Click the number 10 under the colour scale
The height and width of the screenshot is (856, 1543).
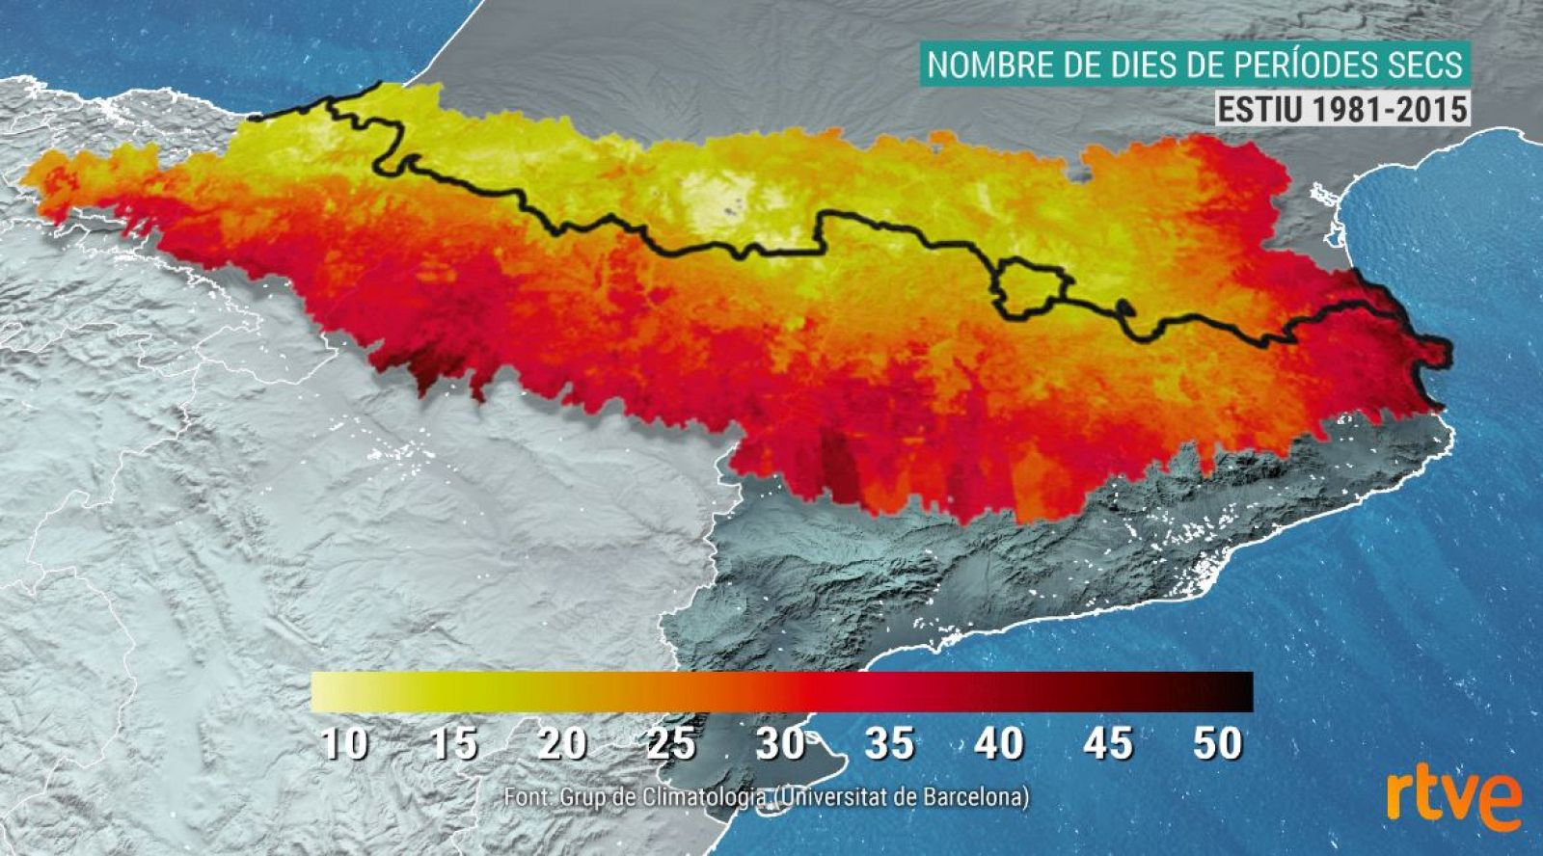coord(344,744)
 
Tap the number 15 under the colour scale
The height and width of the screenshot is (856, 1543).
coord(453,744)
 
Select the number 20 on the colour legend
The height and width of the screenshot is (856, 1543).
coord(563,744)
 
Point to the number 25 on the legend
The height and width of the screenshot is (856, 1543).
coord(672,744)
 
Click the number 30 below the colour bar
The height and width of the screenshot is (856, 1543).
coord(780,744)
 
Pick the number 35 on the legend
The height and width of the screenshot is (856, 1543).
coord(889,744)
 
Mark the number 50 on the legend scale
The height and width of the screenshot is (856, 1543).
coord(1217,744)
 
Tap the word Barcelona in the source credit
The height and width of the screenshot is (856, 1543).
coord(974,798)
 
